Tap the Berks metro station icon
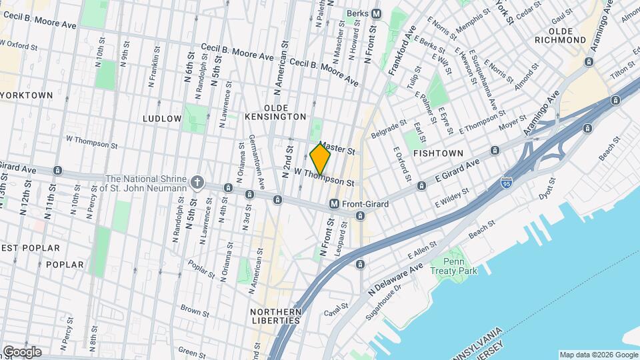[377, 13]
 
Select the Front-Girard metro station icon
[335, 204]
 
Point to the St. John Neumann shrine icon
[197, 181]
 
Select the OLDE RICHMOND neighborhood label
[567, 35]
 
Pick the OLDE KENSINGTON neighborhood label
[285, 112]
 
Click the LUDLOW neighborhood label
[162, 119]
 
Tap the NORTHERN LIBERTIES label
[275, 316]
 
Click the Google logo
[22, 352]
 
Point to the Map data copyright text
[598, 355]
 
